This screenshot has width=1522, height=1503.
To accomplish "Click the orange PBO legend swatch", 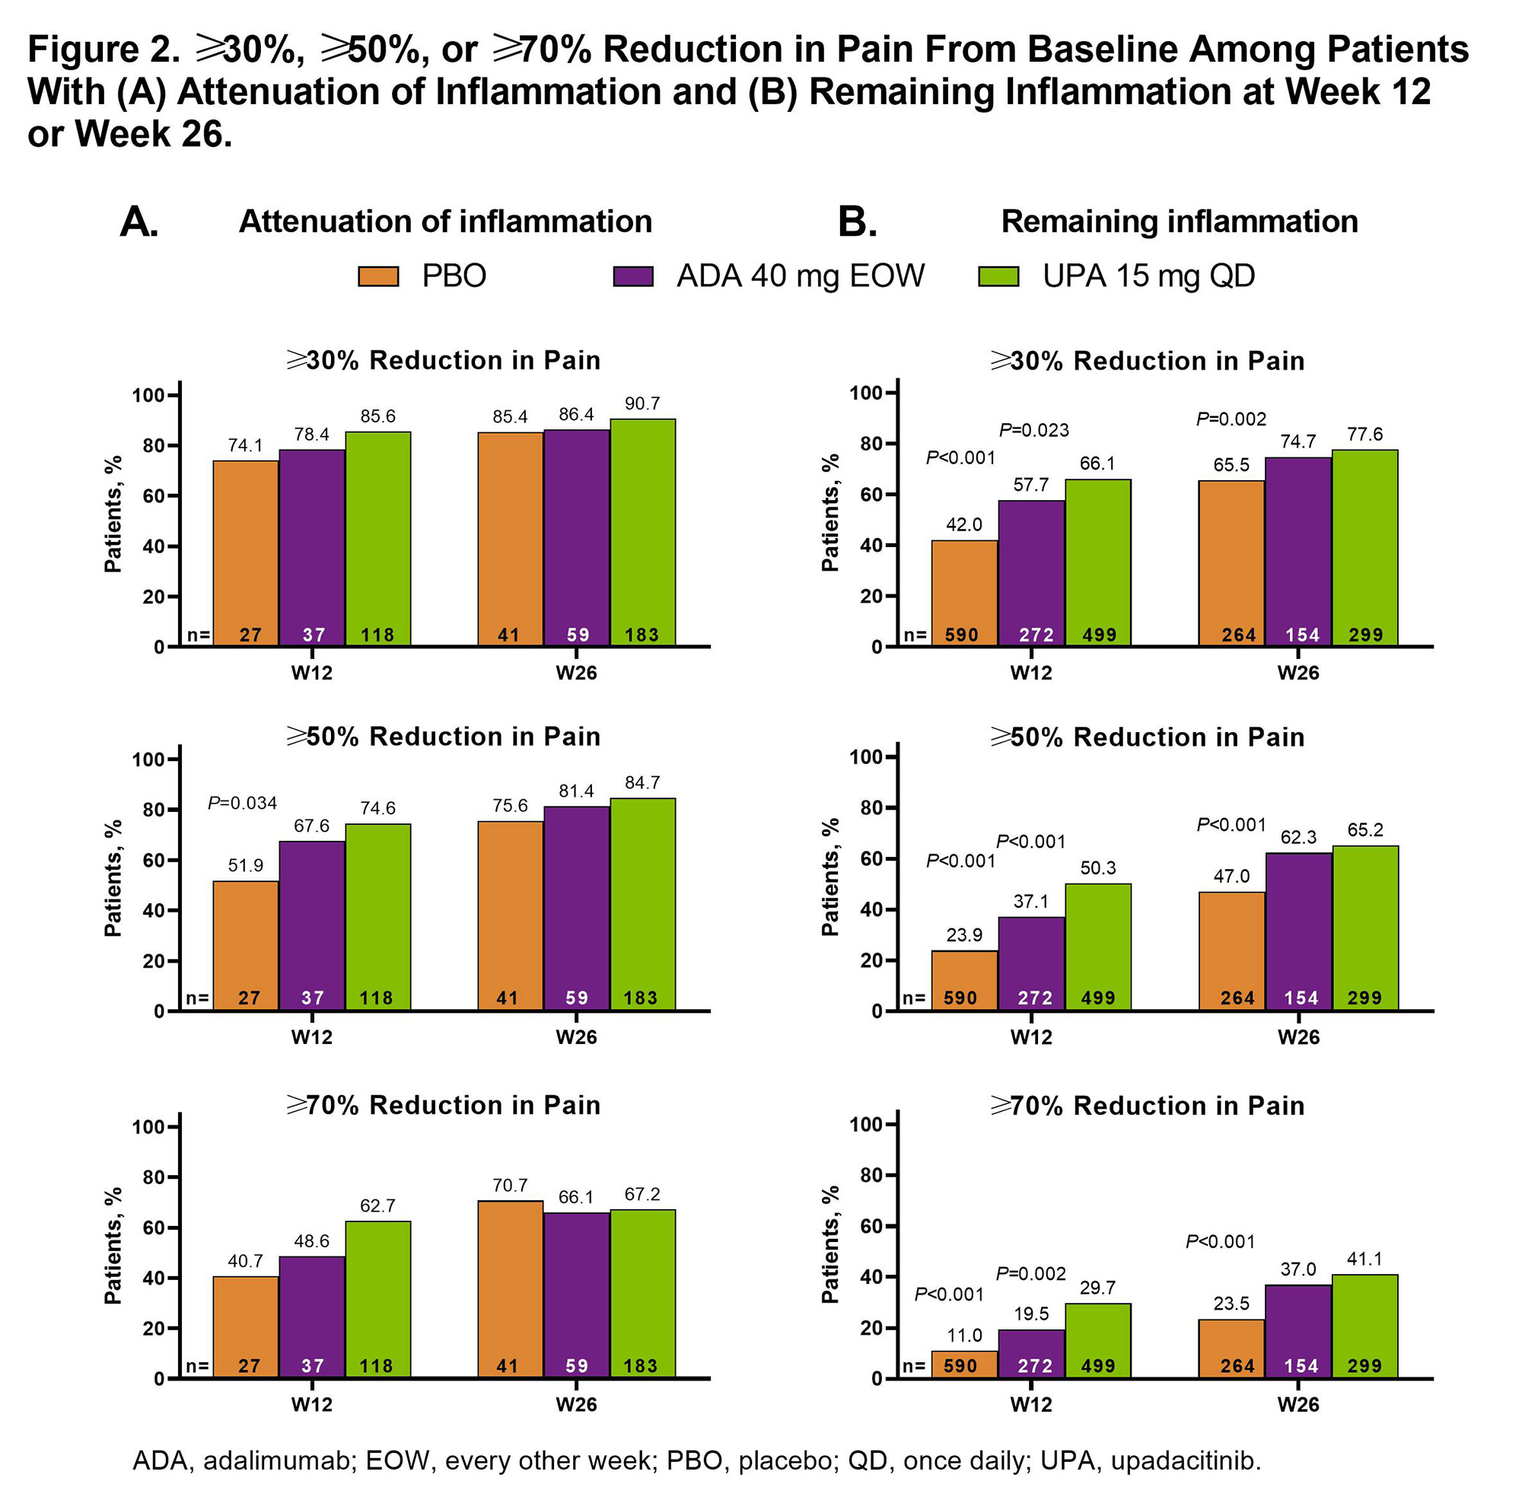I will tap(378, 276).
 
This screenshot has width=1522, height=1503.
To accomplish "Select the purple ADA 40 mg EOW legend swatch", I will tap(632, 276).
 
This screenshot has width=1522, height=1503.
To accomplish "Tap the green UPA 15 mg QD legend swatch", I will tap(998, 276).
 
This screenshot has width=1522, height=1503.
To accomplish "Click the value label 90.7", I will tap(642, 403).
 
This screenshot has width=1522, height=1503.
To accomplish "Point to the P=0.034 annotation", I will tap(242, 803).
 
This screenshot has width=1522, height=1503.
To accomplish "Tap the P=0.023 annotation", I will tap(1033, 430).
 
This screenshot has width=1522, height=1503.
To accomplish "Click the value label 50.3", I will tap(1097, 868).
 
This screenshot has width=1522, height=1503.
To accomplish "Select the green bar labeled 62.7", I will tap(377, 1300).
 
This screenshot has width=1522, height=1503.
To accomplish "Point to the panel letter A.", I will tap(139, 222).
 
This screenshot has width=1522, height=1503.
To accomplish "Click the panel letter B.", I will tap(856, 222).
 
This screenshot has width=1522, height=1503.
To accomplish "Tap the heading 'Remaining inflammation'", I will tap(1180, 221).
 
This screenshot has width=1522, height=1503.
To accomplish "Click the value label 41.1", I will tap(1364, 1259).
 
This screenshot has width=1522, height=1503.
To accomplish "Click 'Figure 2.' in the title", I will tap(103, 49).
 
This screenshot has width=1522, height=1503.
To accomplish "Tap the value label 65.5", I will tap(1231, 465).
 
